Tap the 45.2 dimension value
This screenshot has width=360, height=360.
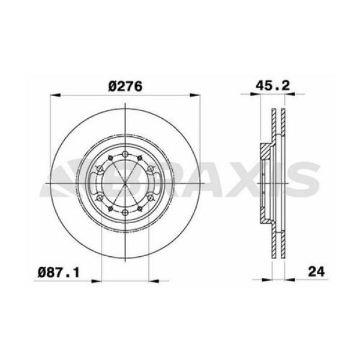[x=274, y=86]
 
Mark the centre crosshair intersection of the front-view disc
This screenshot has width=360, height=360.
[x=124, y=182]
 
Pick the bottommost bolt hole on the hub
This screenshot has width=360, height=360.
[x=124, y=212]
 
